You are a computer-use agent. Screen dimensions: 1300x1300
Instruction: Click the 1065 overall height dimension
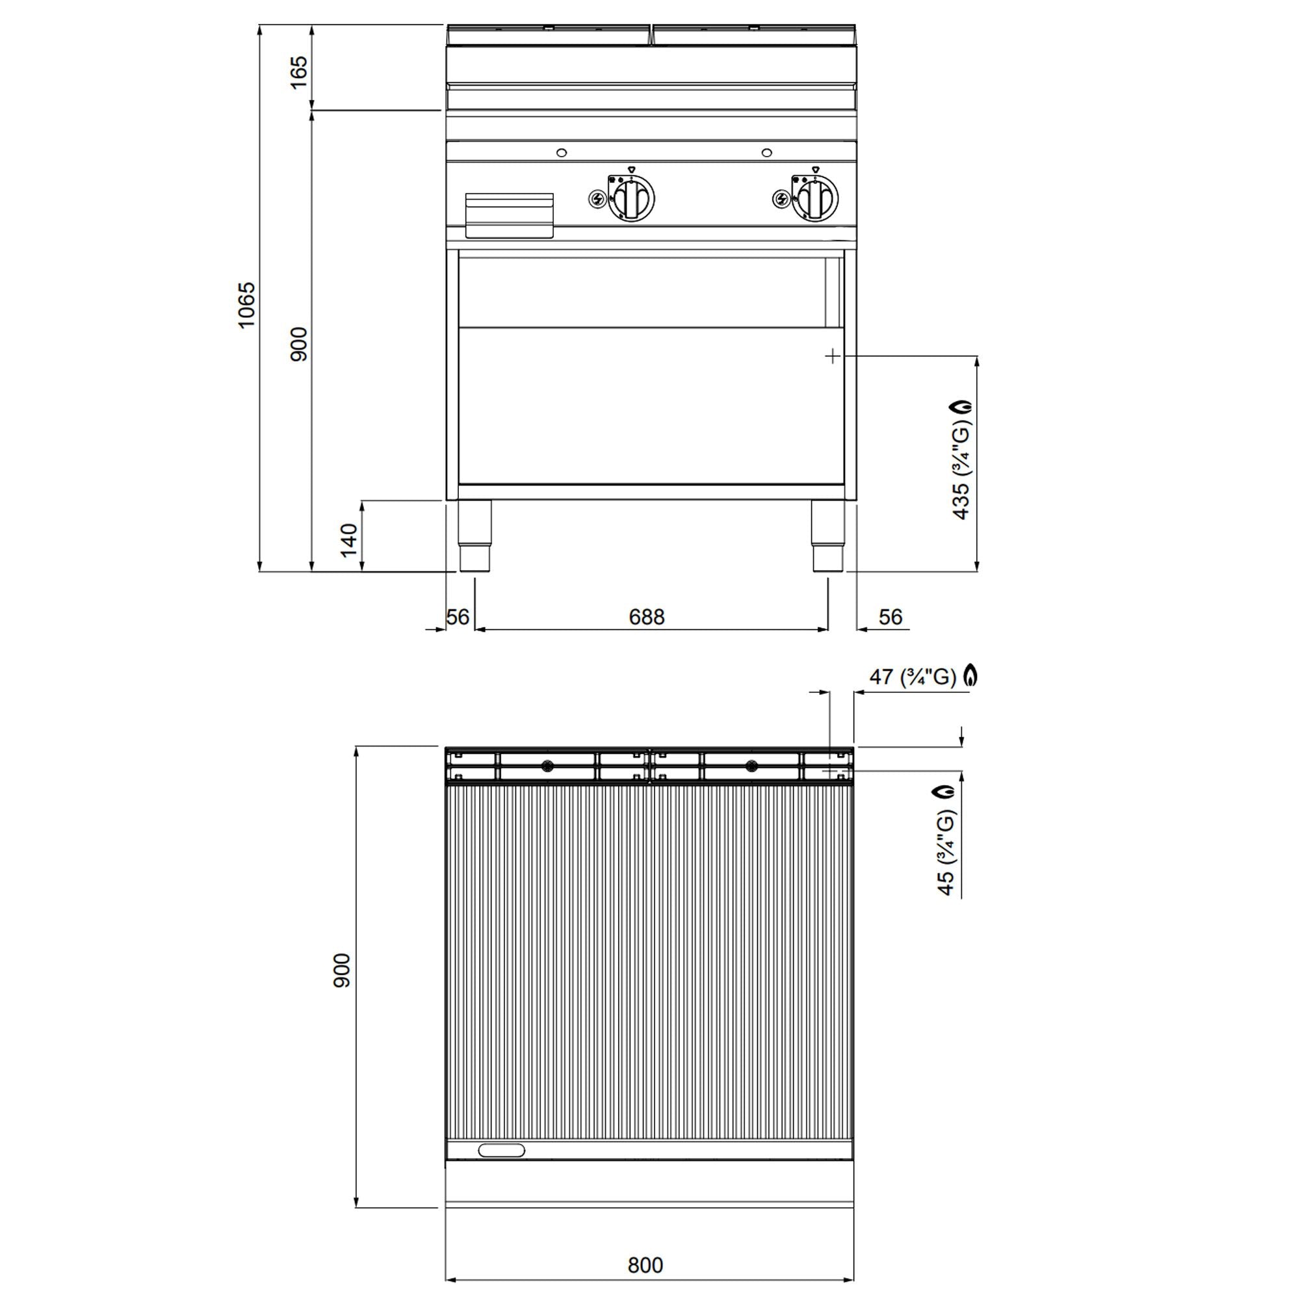pyautogui.click(x=247, y=305)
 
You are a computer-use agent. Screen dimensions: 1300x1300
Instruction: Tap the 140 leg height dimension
pyautogui.click(x=348, y=540)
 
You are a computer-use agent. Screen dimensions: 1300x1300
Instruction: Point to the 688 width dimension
pyautogui.click(x=646, y=616)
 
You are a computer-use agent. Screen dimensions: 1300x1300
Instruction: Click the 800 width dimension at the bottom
pyautogui.click(x=645, y=1265)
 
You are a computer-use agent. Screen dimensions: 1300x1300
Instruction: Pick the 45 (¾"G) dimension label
pyautogui.click(x=945, y=853)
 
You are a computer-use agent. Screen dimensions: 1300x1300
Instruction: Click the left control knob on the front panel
pyautogui.click(x=630, y=198)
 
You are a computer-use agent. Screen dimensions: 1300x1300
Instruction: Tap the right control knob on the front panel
pyautogui.click(x=814, y=198)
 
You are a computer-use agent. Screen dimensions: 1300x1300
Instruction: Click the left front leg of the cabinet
pyautogui.click(x=474, y=536)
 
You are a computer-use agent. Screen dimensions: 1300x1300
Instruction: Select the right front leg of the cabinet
pyautogui.click(x=827, y=536)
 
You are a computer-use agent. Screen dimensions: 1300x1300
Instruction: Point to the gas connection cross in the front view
pyautogui.click(x=833, y=356)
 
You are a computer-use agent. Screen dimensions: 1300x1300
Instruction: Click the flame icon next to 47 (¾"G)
pyautogui.click(x=970, y=675)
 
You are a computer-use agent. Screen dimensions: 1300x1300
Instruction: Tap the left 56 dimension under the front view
pyautogui.click(x=458, y=616)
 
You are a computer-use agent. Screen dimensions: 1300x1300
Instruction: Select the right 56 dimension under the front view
pyautogui.click(x=890, y=616)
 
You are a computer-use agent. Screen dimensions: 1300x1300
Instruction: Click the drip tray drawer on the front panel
pyautogui.click(x=510, y=215)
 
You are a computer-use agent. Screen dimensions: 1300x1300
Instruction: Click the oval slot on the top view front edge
pyautogui.click(x=500, y=1150)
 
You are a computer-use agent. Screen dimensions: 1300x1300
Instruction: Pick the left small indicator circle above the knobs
pyautogui.click(x=562, y=153)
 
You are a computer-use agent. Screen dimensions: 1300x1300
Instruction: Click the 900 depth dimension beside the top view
pyautogui.click(x=342, y=970)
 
